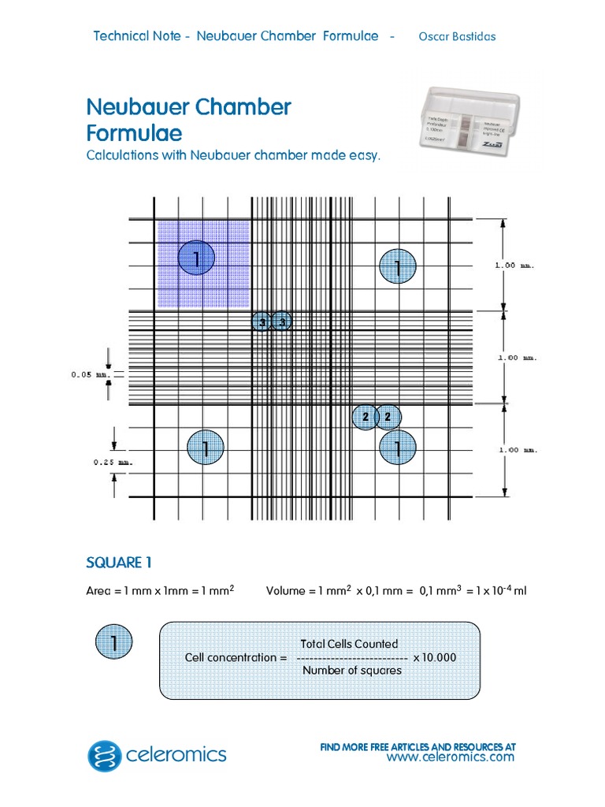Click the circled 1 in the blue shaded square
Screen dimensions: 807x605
click(x=196, y=258)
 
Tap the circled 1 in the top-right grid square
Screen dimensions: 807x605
click(x=397, y=268)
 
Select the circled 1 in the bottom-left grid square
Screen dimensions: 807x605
click(x=205, y=448)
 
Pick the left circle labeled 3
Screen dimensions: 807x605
click(x=262, y=321)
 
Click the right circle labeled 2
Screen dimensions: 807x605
click(x=388, y=417)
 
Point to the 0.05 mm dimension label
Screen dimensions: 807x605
click(x=89, y=374)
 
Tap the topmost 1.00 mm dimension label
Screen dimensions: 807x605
click(x=514, y=266)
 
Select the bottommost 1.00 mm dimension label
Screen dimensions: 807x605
click(x=518, y=450)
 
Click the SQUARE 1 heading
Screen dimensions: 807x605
click(x=119, y=562)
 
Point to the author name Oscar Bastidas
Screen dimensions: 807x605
click(x=457, y=36)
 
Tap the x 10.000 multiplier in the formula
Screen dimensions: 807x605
click(x=434, y=657)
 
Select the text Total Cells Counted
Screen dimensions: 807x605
click(x=350, y=644)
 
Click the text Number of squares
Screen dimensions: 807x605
click(x=352, y=671)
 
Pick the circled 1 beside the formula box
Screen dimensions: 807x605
click(x=114, y=644)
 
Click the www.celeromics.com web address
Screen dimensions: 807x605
click(x=450, y=757)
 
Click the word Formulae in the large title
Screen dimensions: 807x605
click(x=134, y=132)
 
